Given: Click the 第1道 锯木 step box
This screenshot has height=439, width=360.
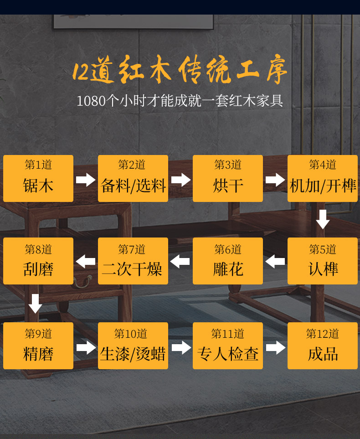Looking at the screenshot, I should (38, 178).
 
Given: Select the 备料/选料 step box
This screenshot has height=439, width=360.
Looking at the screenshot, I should (133, 178).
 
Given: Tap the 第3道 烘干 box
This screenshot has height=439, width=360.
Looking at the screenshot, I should (228, 178).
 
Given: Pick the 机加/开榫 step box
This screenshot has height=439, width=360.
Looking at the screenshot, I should (323, 178).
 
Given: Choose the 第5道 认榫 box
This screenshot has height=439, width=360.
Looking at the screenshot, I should (323, 261).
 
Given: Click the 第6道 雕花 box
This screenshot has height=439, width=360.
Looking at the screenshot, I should (228, 261).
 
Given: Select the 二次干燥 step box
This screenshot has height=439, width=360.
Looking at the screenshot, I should (133, 261).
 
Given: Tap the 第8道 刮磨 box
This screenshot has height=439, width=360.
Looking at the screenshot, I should (38, 261).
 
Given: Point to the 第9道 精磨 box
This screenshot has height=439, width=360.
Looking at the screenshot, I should (38, 346).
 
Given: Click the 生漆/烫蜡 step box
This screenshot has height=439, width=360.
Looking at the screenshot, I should (133, 346).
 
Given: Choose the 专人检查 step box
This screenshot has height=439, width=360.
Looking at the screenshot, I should (228, 346).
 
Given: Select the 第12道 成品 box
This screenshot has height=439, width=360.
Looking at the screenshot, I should (323, 346).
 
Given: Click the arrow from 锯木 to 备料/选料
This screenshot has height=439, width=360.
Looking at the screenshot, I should (86, 180).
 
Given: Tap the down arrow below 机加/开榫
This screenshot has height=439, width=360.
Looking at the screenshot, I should (323, 219).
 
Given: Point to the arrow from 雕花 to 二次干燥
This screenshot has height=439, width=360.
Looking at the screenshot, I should (180, 262).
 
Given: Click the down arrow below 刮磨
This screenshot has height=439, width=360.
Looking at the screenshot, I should (35, 304).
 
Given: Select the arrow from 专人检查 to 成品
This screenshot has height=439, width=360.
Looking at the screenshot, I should (275, 348).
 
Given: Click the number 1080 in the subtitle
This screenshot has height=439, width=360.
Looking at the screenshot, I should (91, 101).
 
